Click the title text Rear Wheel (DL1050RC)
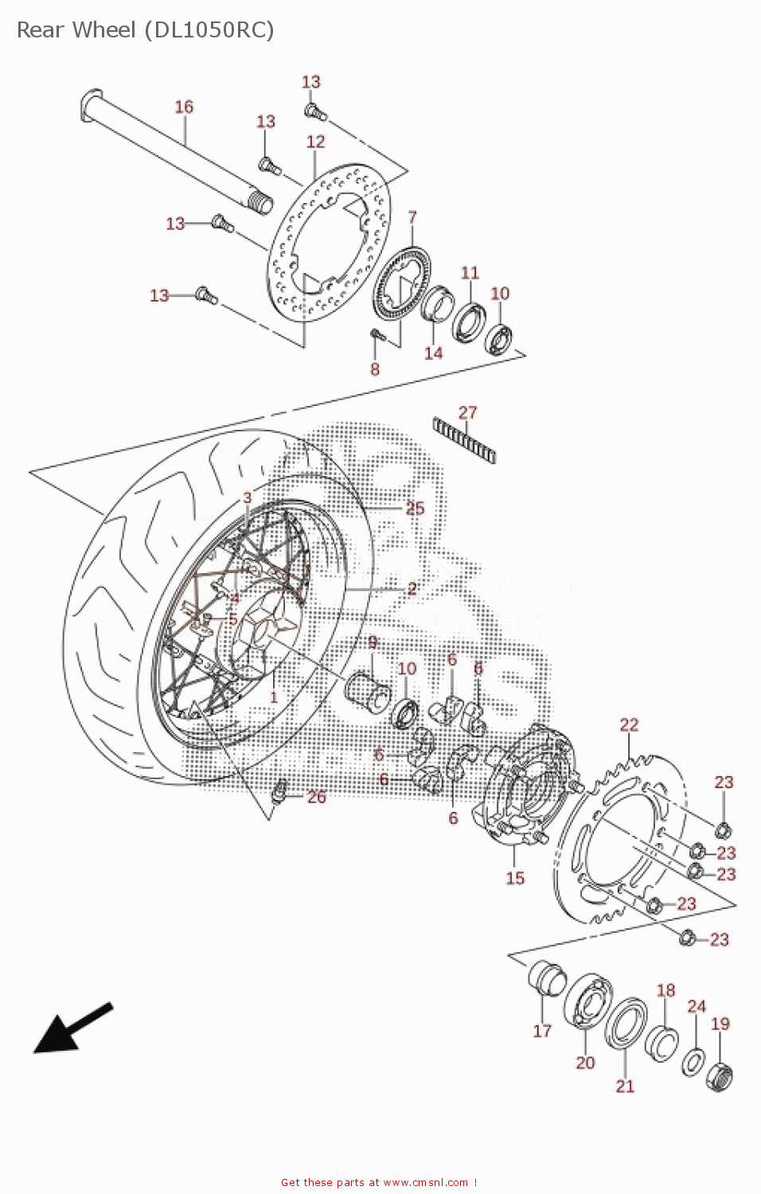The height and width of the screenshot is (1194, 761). pos(146,30)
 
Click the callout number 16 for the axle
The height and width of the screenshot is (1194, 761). pos(184,107)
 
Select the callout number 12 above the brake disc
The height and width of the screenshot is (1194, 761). pos(316,142)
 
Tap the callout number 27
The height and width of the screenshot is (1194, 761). pos(468,412)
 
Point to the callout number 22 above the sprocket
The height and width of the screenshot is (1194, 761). pos(629,724)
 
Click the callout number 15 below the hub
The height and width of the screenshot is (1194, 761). pos(515,878)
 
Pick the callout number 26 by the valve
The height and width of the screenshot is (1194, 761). pos(317,797)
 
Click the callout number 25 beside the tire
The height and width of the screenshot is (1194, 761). pos(415,508)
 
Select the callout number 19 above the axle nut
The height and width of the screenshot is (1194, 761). pos(720,1024)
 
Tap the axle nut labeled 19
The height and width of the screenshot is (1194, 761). pos(719,1076)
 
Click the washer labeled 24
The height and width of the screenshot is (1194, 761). pos(693,1061)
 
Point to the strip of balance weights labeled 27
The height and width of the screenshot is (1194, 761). pos(465,440)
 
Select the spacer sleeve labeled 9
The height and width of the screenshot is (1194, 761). pos(367,689)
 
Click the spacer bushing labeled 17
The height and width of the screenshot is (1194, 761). pos(547,978)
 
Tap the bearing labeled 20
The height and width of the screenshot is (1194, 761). pos(588,1001)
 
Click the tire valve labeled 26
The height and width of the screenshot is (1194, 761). pos(279,792)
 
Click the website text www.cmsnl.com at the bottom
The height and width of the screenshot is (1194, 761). pos(425,1183)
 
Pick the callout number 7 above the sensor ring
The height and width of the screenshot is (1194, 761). pos(412,217)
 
